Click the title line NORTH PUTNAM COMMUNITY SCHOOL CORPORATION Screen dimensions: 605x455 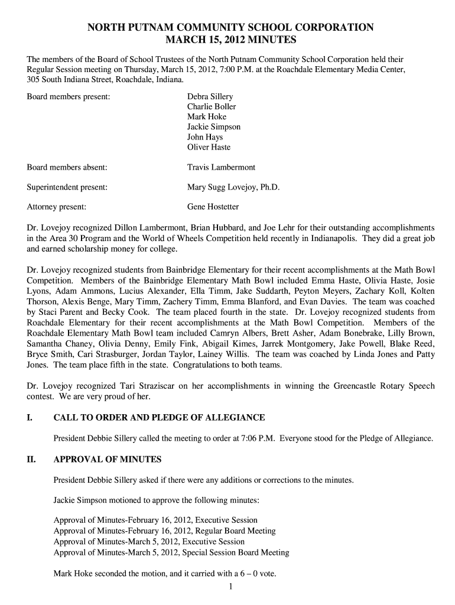[230, 27]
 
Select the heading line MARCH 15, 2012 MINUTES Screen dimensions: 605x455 [230, 41]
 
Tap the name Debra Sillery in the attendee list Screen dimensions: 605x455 [210, 96]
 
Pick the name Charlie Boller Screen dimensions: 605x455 [212, 106]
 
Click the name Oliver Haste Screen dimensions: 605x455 [209, 147]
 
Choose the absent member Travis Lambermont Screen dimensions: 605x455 [221, 167]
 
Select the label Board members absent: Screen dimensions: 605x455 [67, 167]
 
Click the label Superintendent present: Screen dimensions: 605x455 [67, 187]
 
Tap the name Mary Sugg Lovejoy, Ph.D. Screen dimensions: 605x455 [233, 187]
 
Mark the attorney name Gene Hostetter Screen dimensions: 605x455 [213, 207]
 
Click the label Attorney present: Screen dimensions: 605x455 [57, 207]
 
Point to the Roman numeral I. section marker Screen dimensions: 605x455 [30, 418]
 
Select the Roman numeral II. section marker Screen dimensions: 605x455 [31, 459]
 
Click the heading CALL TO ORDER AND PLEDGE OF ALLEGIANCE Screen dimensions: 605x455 [159, 418]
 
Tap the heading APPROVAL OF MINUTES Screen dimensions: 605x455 [108, 459]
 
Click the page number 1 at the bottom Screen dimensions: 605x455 [230, 586]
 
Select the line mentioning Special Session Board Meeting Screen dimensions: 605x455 [171, 552]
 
